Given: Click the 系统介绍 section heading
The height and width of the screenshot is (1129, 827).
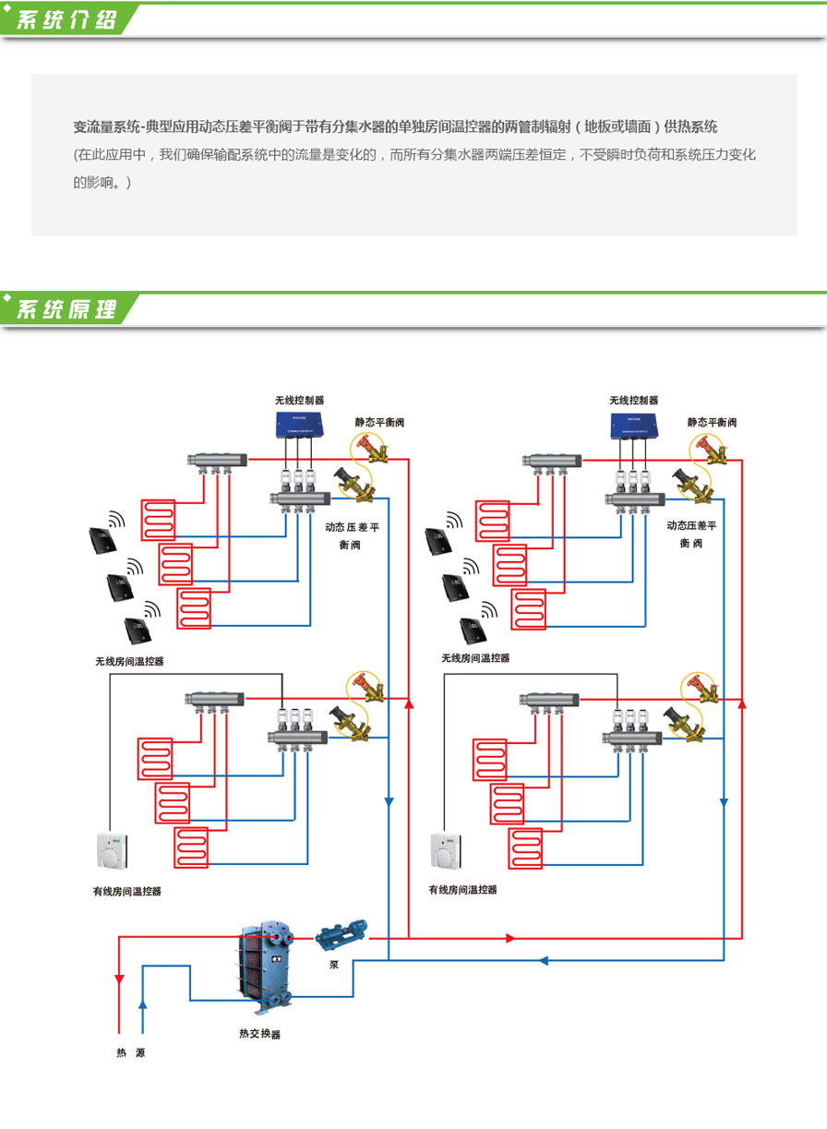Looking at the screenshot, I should point(67,20).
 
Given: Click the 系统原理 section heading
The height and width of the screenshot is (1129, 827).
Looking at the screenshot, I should point(67,310).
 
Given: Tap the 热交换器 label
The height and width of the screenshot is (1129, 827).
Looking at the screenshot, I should point(259,1034).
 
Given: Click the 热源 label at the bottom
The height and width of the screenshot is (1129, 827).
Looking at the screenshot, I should point(130,1052).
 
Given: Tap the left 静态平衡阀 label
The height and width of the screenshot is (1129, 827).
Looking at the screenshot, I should point(379,422).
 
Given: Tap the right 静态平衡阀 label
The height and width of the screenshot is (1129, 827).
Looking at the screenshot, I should point(712,422).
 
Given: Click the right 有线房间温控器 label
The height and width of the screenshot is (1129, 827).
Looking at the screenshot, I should point(462,890).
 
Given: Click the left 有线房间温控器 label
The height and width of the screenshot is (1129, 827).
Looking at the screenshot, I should point(127,892).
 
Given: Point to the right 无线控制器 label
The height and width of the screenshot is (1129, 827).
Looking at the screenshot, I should point(633,401).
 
